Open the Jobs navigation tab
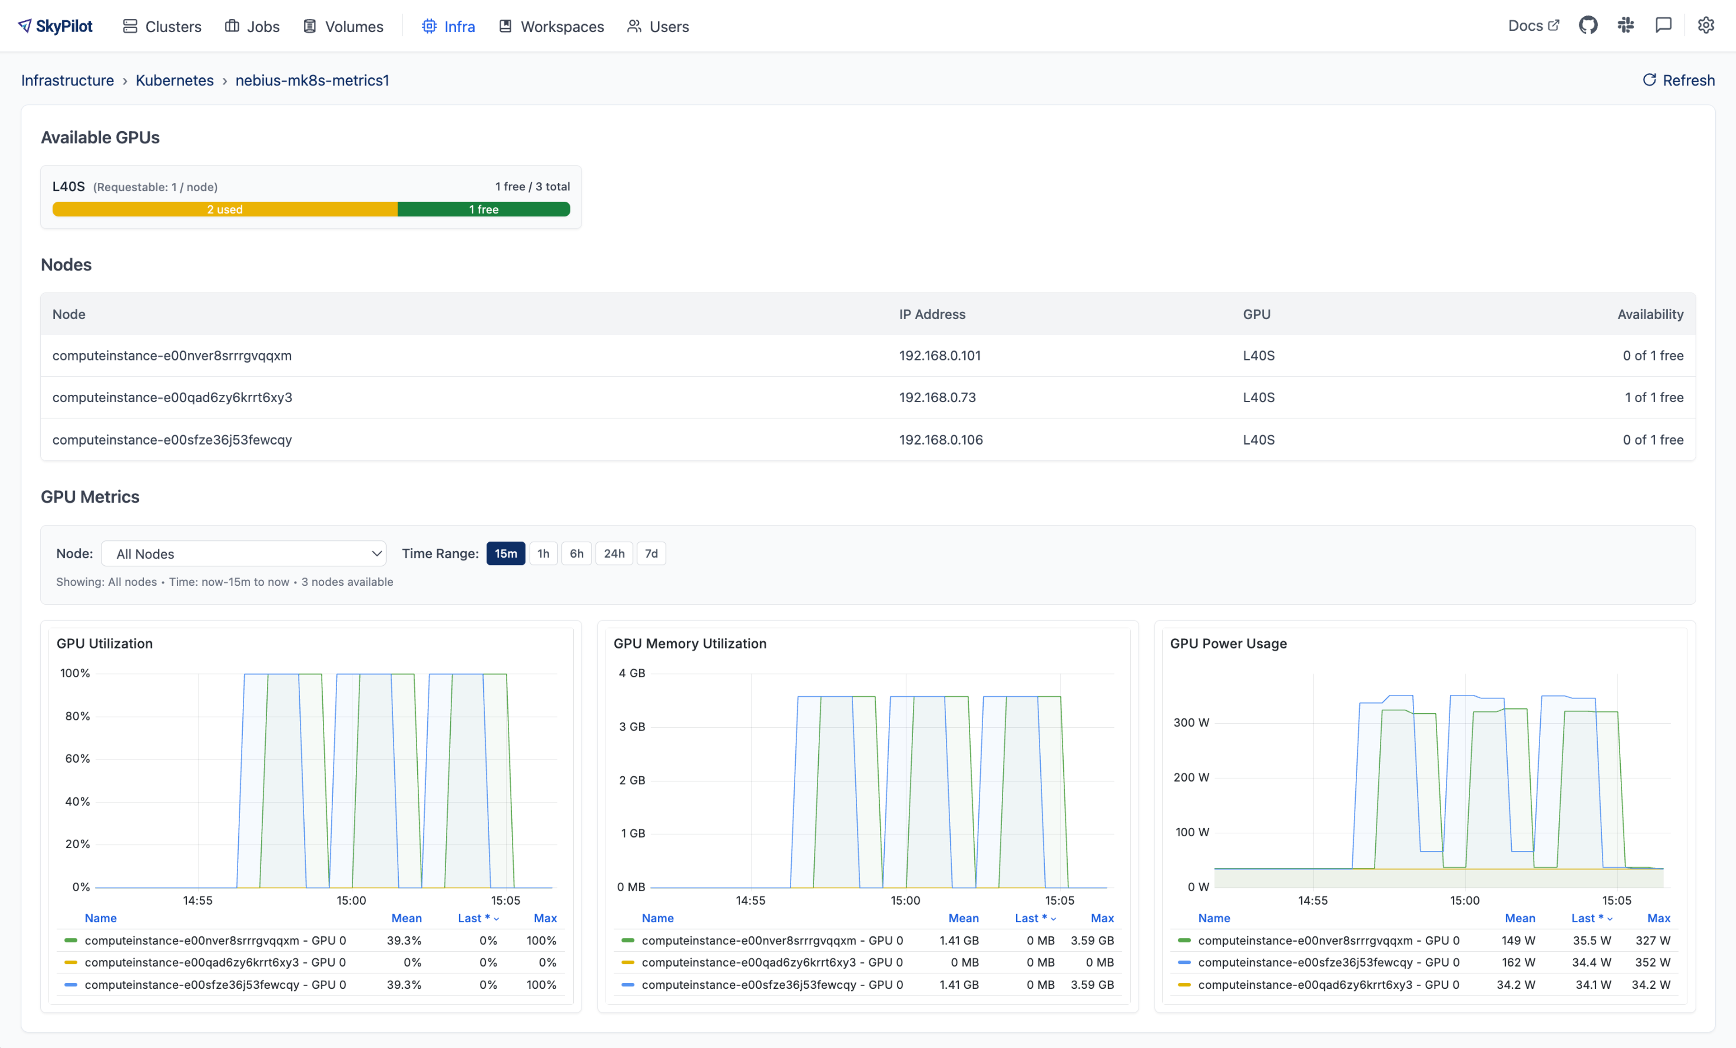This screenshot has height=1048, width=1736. point(252,27)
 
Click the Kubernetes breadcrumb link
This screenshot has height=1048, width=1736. point(174,81)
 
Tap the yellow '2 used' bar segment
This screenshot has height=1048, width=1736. point(225,209)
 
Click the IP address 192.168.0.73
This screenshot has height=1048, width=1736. point(937,398)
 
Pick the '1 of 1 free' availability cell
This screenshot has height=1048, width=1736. point(1654,398)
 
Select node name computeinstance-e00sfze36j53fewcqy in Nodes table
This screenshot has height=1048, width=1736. point(172,440)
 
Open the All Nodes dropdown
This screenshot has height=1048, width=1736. point(244,554)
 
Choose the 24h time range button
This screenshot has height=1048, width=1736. point(613,554)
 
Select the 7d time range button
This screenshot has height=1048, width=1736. point(651,554)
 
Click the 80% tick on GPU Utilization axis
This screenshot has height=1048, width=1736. point(77,716)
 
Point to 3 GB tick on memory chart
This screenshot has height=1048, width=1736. point(632,726)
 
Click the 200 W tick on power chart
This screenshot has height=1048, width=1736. point(1191,778)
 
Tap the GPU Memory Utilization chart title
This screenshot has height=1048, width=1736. point(690,644)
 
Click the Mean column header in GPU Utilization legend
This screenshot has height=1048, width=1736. point(406,918)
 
